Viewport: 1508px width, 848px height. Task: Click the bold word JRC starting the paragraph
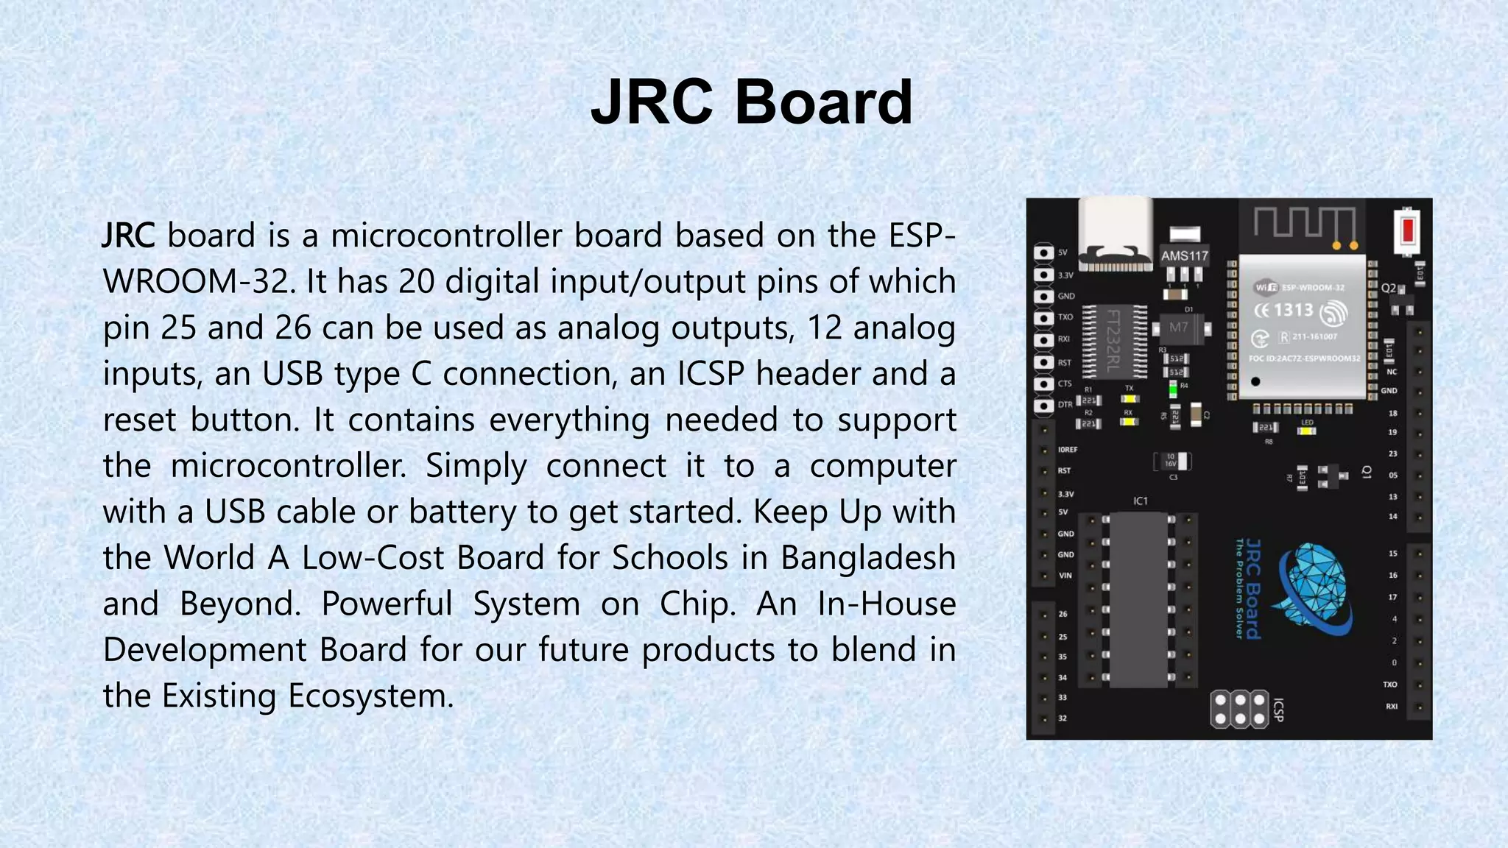pos(128,236)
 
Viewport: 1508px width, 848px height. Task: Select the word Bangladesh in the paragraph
pos(867,557)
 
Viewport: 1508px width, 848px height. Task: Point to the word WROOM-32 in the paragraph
pos(199,282)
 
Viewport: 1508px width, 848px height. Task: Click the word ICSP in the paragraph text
pos(711,374)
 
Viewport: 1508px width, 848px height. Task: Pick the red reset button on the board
pos(1407,230)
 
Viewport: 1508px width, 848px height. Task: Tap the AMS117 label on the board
pos(1184,256)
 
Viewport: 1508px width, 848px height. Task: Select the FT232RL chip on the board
pos(1115,340)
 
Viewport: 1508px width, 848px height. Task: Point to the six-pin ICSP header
pos(1240,708)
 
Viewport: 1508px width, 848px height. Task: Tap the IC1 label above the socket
pos(1140,501)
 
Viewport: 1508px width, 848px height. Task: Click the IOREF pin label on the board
pos(1067,449)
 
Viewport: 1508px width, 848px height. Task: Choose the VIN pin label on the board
pos(1065,576)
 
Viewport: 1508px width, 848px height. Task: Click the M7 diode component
pos(1178,327)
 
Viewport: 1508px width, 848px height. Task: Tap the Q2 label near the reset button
pos(1388,288)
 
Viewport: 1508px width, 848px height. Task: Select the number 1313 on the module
pos(1293,310)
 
